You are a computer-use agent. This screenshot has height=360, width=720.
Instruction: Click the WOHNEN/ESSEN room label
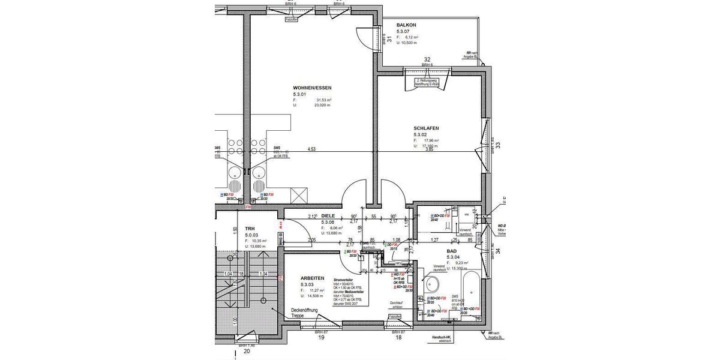tap(308, 88)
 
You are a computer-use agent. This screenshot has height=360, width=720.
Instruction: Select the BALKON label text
tap(406, 25)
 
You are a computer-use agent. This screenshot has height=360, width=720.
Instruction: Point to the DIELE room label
tap(328, 215)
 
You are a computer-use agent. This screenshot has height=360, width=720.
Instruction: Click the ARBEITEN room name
tap(313, 278)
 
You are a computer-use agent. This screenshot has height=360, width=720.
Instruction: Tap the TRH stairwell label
tap(250, 229)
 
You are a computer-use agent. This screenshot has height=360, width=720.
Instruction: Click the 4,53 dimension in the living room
tap(311, 149)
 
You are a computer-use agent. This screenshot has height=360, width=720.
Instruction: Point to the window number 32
tap(427, 59)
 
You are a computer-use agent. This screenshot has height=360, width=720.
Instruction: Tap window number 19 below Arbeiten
tap(321, 338)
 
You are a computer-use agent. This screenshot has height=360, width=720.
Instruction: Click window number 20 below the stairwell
tap(246, 352)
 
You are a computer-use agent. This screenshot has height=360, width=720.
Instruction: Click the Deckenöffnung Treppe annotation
tap(304, 313)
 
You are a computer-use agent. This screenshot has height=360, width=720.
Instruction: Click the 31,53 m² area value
tap(323, 100)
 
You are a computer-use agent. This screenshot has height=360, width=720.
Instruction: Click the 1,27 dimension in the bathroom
tap(434, 240)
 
